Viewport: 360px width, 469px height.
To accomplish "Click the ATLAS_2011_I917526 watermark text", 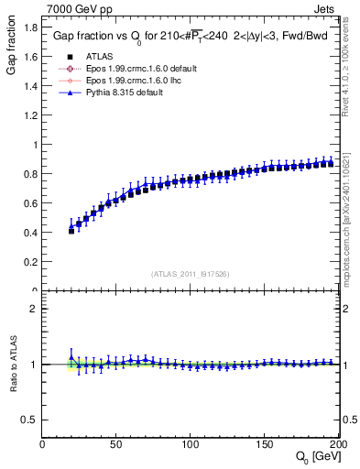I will click(x=190, y=273).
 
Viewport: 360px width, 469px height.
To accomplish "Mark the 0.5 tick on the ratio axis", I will click(x=30, y=420).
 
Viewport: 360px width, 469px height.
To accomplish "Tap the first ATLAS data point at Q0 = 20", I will click(x=71, y=231).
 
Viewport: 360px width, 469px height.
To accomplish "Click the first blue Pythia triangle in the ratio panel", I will click(x=71, y=357).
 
